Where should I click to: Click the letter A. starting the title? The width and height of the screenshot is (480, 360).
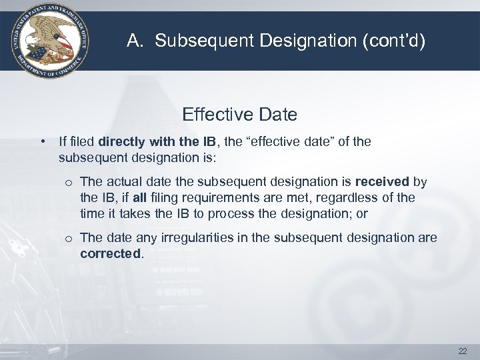[134, 42]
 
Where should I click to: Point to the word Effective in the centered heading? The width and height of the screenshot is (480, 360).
[211, 115]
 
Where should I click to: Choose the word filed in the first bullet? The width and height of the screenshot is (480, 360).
[83, 142]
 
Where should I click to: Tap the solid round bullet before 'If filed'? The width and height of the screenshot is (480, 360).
[43, 142]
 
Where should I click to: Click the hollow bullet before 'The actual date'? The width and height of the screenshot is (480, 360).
[69, 182]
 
